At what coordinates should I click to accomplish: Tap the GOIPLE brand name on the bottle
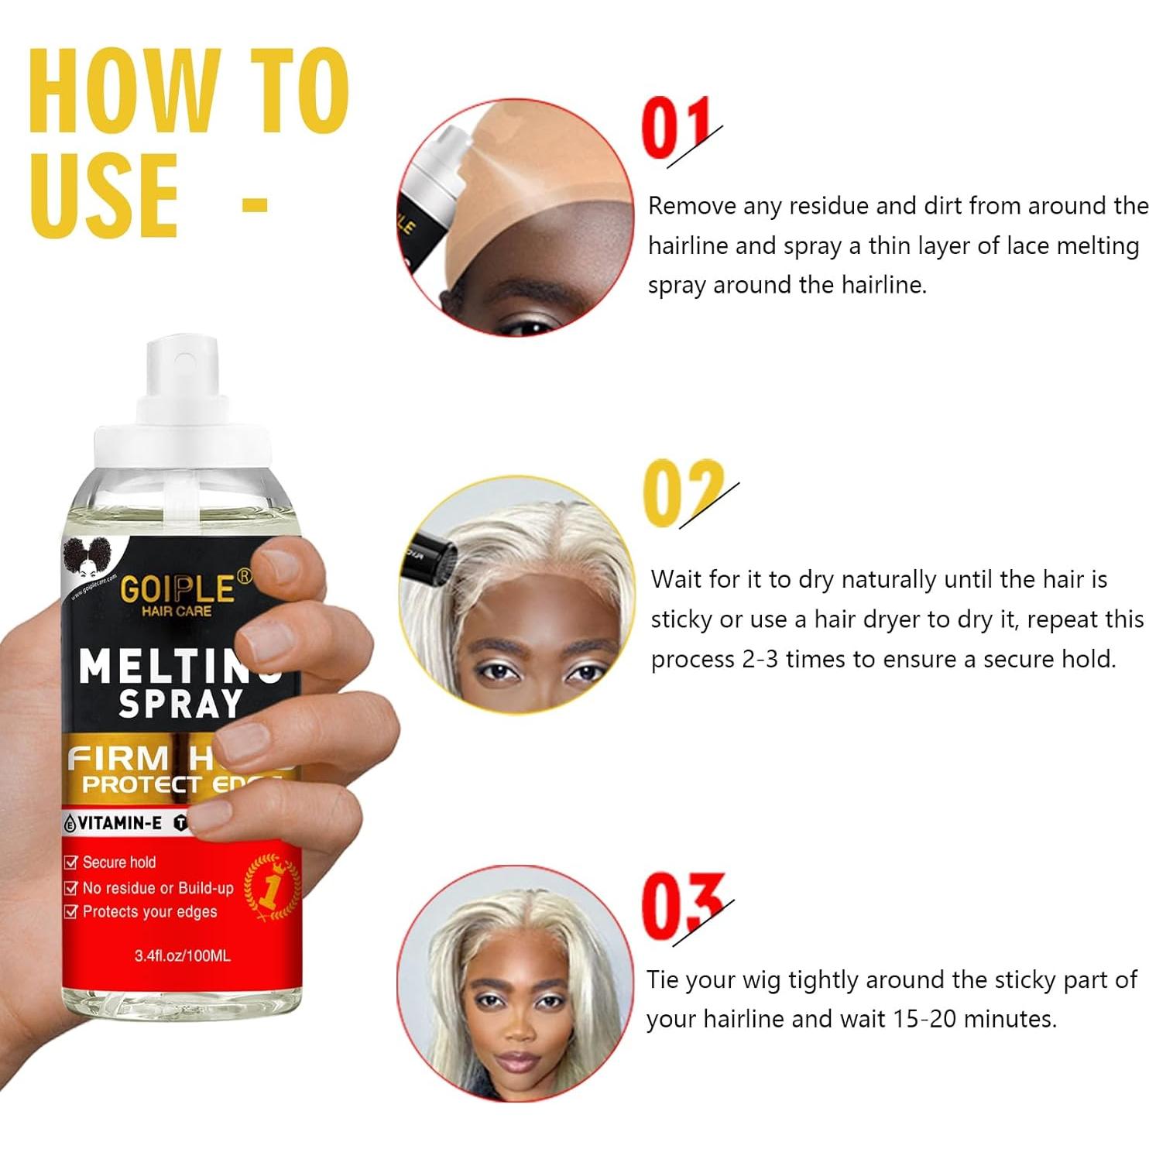click(x=177, y=588)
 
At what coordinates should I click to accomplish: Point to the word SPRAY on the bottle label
click(x=180, y=703)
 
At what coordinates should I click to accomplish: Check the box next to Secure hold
click(x=71, y=863)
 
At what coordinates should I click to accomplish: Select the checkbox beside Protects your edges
click(x=71, y=912)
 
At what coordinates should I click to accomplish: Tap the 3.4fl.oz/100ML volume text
click(x=182, y=956)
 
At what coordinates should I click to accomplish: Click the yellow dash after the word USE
click(x=255, y=205)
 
